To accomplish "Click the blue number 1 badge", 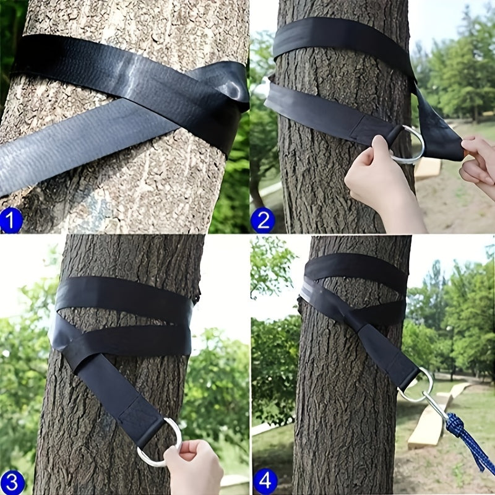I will coord(11,220).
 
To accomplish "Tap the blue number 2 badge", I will coord(262,220).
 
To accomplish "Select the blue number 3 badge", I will coord(12,481).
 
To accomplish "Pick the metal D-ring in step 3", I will coord(162,443).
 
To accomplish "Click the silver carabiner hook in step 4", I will coord(436,406).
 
